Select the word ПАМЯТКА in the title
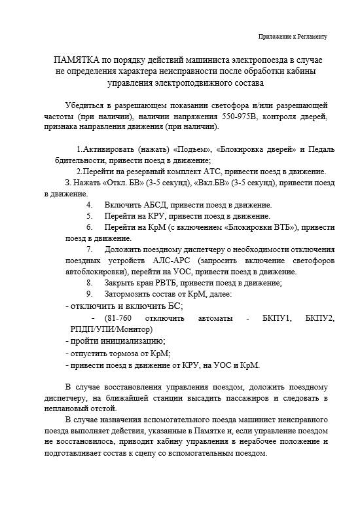[x=78, y=60]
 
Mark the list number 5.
[x=89, y=216]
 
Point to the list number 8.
[x=89, y=283]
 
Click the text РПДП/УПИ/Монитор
[x=111, y=329]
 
